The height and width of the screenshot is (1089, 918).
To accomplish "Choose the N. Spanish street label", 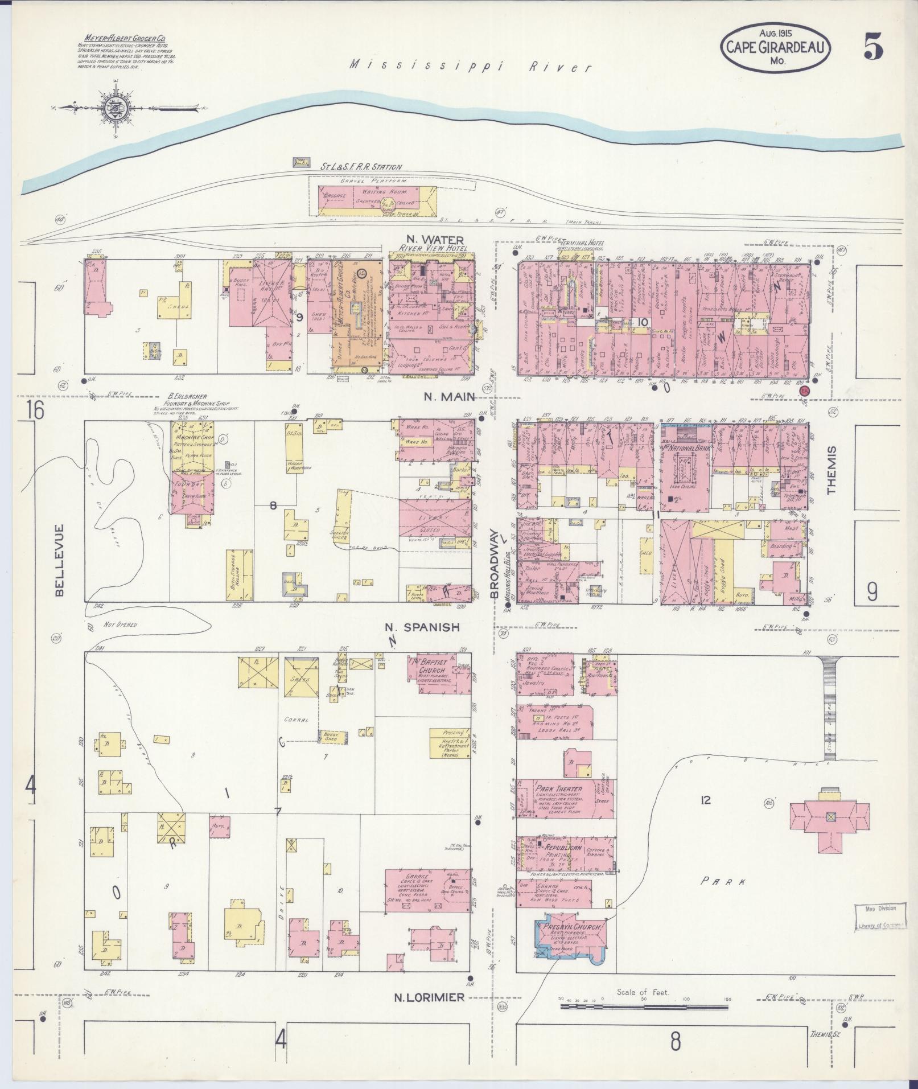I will [421, 627].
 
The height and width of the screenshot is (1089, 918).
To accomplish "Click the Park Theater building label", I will [558, 789].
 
